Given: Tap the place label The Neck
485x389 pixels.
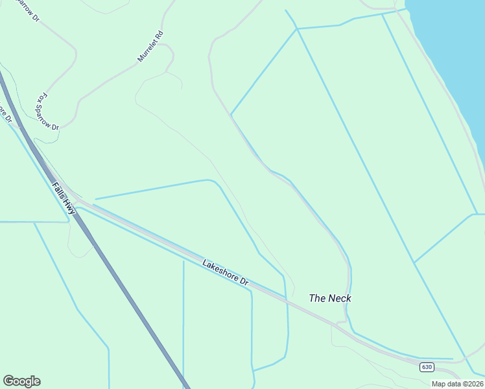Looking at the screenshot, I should (x=330, y=298).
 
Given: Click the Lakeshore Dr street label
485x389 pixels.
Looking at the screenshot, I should (x=225, y=273).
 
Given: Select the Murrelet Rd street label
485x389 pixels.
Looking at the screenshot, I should (x=150, y=47).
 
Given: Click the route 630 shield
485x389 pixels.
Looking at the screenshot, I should (x=426, y=367).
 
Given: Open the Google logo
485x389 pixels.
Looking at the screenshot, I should (x=21, y=381).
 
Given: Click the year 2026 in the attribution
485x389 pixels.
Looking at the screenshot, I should (x=474, y=384).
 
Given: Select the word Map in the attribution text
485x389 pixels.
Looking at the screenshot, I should (x=439, y=384).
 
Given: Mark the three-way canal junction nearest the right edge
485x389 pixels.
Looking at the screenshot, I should (x=477, y=214).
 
